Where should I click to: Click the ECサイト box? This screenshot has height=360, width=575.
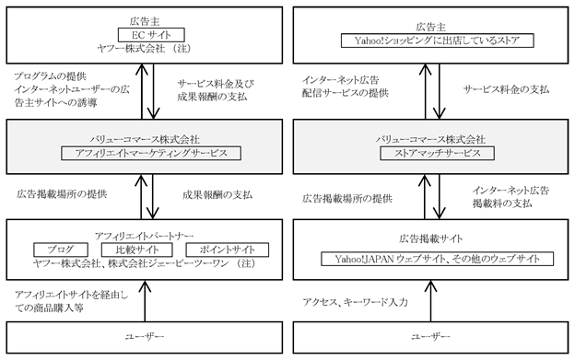pos(151,35)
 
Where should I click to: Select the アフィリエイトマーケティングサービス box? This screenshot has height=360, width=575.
pos(151,153)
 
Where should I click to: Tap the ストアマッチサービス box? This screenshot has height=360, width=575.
pos(437,153)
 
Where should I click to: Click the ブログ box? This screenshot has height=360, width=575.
pos(61,250)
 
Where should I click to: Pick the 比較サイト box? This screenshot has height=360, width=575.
pos(136,250)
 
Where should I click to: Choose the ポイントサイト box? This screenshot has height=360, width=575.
pos(228,250)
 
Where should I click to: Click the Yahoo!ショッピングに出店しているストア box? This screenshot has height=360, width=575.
pos(437,41)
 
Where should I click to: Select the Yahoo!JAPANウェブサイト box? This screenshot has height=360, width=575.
pos(437,259)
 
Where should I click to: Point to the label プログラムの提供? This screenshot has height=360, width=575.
pos(51,76)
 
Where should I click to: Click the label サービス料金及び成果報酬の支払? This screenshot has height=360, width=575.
pos(216,90)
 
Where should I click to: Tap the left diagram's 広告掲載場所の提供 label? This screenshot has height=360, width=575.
pos(62,194)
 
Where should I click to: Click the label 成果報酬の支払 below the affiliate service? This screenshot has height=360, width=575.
pos(217,195)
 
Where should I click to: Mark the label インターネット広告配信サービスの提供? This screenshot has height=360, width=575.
pos(345,87)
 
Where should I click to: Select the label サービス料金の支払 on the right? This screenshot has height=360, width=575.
pos(506,89)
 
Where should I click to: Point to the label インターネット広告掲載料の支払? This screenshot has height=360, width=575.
pos(510,197)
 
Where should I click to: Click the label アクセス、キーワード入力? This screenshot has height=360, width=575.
pos(355,302)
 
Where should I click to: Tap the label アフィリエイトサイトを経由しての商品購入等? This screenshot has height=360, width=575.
pos(72,301)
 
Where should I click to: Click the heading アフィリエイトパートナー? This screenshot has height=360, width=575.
pos(144,237)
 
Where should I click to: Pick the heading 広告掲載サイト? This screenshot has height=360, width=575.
pos(431,239)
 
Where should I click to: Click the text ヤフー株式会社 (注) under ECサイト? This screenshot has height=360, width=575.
pos(144,49)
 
